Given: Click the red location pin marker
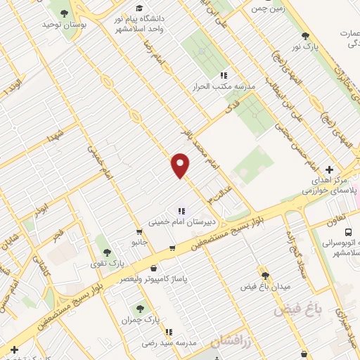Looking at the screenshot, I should coord(181,165).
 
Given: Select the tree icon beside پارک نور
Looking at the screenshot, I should coord(304,36).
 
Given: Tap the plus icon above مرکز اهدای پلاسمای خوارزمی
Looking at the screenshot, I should coord(330,169).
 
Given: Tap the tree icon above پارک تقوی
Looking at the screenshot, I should coord(107,252).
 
